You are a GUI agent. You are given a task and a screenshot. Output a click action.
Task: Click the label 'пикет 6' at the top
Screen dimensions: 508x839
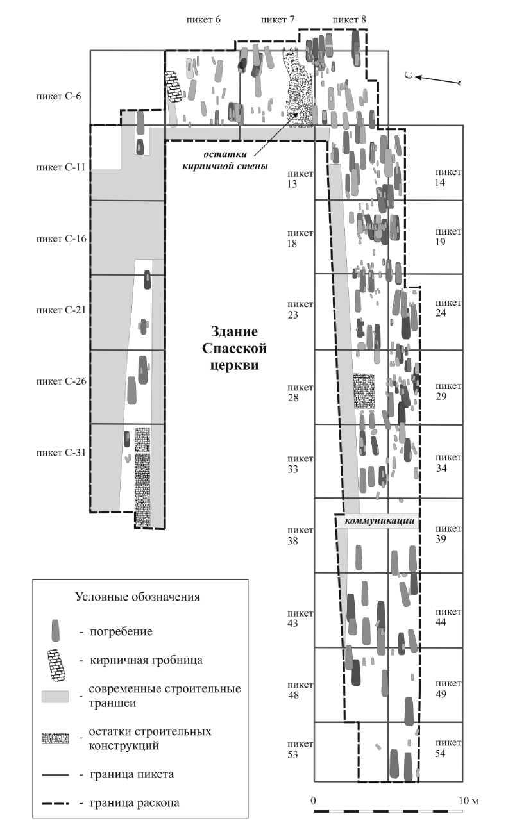tap(205, 19)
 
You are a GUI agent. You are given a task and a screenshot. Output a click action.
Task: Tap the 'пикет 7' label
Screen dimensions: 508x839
tap(277, 19)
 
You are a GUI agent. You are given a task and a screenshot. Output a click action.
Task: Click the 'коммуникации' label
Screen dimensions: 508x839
tap(377, 521)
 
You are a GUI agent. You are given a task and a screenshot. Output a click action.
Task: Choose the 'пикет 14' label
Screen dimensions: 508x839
tap(448, 177)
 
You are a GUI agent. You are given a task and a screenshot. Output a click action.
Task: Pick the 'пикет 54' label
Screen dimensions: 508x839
tap(448, 748)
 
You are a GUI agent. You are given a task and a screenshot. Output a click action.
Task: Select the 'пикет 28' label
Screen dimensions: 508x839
tap(301, 393)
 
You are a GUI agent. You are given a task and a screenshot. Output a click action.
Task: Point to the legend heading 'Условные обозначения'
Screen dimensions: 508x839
tap(138, 597)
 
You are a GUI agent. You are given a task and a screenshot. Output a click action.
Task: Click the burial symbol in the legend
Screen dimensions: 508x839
tap(56, 630)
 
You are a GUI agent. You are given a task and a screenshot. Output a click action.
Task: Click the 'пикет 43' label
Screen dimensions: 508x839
tap(301, 616)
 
